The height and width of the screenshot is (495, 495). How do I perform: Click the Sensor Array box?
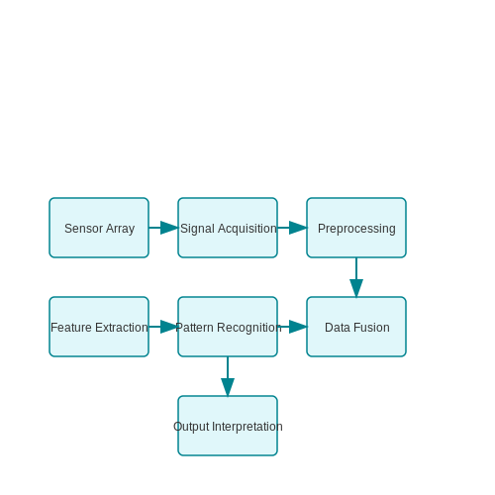(x=99, y=228)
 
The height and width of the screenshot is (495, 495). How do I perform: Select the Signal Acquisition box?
(x=228, y=228)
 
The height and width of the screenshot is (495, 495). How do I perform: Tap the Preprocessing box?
(x=356, y=228)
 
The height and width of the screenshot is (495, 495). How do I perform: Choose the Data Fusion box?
(x=356, y=327)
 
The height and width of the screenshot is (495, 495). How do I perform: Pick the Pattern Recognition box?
(x=228, y=327)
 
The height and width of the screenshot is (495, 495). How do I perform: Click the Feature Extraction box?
(x=99, y=327)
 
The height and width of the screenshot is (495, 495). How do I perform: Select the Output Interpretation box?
(x=228, y=426)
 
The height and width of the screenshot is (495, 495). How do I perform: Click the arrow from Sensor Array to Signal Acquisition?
(x=163, y=228)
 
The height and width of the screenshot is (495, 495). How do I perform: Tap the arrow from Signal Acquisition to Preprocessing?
(x=292, y=228)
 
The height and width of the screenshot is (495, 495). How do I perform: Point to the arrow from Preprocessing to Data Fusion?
(x=356, y=277)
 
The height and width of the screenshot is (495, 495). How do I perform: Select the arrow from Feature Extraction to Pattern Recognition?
(x=163, y=327)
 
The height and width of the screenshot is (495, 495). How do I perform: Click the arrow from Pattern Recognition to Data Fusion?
(x=292, y=327)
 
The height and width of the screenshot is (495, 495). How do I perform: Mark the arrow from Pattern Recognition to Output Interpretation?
(x=228, y=376)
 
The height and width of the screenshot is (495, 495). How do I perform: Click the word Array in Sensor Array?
(x=121, y=229)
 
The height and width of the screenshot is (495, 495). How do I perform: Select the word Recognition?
(x=249, y=328)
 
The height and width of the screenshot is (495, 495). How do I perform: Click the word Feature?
(x=71, y=328)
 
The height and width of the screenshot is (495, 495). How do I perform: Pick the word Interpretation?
(x=247, y=427)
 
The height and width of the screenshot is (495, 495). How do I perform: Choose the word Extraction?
(x=122, y=328)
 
